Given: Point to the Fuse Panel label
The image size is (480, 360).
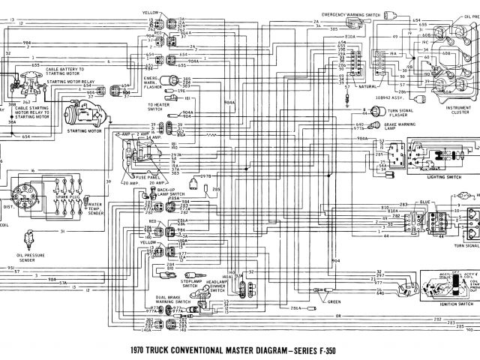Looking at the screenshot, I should point(136,177).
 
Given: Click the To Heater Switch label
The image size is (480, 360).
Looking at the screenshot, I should point(158,106).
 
